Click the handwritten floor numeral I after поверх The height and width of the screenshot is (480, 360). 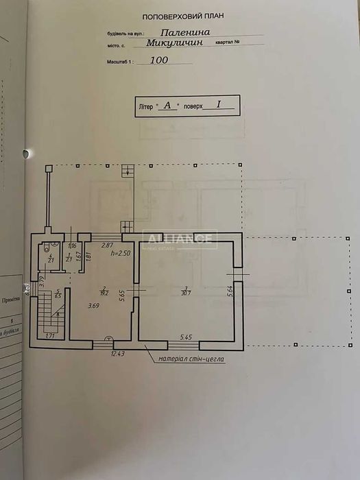tap(218, 105)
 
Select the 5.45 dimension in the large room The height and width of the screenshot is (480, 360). tap(187, 337)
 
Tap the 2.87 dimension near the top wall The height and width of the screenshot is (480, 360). tap(107, 245)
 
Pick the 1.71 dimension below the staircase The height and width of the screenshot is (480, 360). tap(50, 336)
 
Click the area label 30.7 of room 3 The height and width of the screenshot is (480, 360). tap(185, 292)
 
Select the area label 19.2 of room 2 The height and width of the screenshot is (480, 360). tap(103, 292)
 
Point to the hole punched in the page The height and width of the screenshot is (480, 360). tap(27, 153)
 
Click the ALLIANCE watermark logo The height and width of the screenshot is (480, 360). tap(180, 240)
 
